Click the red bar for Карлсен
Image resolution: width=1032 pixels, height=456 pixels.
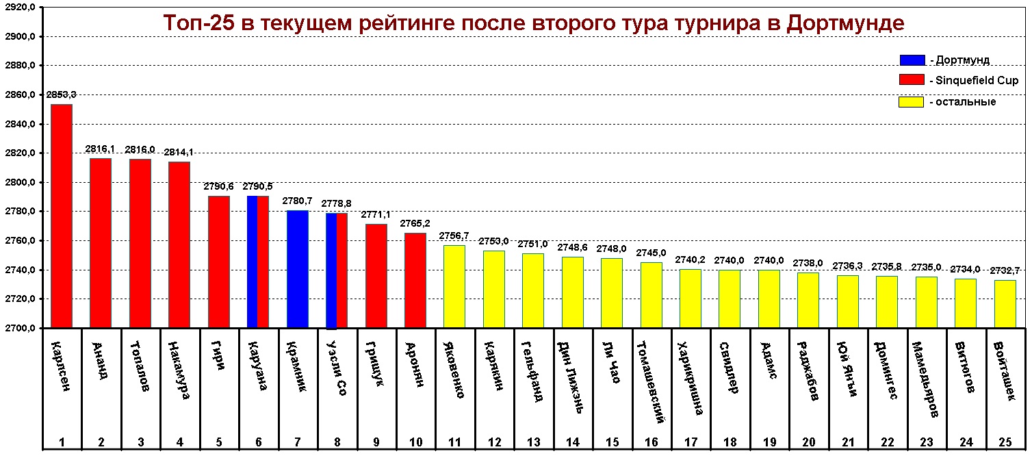click(x=62, y=216)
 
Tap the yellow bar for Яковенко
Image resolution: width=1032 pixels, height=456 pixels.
click(x=454, y=286)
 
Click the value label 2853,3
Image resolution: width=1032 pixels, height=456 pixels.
click(x=61, y=94)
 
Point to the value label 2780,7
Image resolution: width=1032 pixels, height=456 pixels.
click(x=298, y=201)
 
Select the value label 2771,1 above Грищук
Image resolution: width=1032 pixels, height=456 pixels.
click(x=376, y=214)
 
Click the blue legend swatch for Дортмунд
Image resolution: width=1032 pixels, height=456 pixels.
click(x=912, y=60)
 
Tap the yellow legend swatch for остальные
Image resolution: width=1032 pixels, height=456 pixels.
click(x=912, y=102)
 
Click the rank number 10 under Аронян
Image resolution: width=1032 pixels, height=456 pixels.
click(x=415, y=442)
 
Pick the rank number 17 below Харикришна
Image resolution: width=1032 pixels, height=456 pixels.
click(x=691, y=442)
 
